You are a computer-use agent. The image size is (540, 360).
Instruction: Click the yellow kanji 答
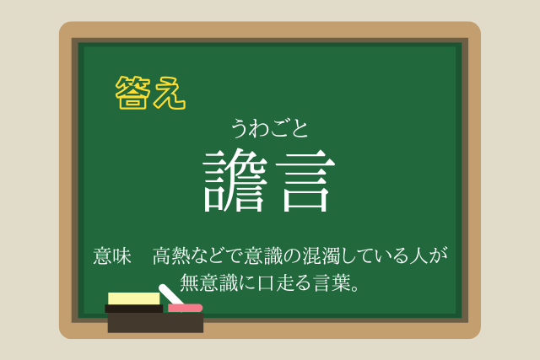tap(132, 93)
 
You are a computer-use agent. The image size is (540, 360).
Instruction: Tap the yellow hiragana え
tap(170, 93)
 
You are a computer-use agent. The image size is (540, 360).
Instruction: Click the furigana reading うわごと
tap(270, 128)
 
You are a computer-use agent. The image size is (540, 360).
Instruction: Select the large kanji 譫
tap(235, 180)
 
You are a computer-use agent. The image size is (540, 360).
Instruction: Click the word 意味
tap(112, 256)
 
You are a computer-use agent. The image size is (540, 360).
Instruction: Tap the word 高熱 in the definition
tap(171, 255)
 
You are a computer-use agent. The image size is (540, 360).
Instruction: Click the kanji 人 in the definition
tap(418, 255)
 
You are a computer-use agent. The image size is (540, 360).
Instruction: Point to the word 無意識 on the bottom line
tap(208, 282)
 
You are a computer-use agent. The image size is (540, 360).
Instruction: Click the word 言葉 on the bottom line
tap(332, 282)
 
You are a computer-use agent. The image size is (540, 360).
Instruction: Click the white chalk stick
tap(170, 294)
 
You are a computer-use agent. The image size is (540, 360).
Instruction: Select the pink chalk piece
tap(185, 308)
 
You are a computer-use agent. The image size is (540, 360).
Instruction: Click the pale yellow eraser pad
tap(134, 298)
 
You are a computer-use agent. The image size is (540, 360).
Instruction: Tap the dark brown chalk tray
tap(155, 323)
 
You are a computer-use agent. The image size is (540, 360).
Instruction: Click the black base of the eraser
tap(134, 309)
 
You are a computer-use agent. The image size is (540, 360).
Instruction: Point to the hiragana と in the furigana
tap(300, 129)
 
